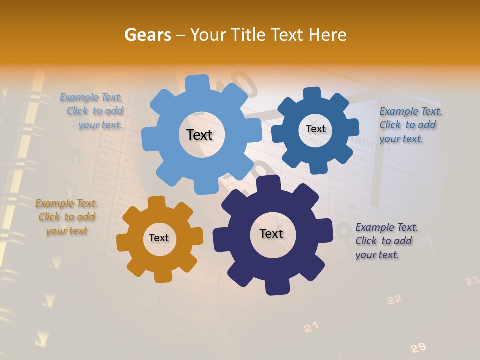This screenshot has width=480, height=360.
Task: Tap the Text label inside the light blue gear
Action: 199,135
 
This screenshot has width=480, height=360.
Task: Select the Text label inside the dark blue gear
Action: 315,129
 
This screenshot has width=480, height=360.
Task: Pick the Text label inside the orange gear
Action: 159,238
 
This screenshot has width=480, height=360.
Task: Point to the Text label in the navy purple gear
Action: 271,233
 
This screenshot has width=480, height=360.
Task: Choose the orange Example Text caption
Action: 66,217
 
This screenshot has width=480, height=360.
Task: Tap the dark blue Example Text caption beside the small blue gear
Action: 410,125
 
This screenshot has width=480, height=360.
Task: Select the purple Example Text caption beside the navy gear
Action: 386,241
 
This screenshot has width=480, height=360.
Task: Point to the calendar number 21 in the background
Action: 311,327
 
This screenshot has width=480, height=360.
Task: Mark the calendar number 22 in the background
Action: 394,299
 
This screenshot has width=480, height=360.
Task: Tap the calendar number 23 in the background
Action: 472,281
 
